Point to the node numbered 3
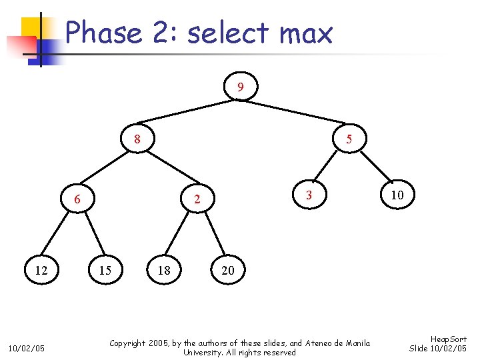[308, 195]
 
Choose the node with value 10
[397, 195]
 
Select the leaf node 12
[41, 270]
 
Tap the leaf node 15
[105, 270]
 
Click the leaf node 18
[164, 270]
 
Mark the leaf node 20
[228, 270]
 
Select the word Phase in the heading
[104, 33]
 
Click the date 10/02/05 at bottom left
[27, 348]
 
